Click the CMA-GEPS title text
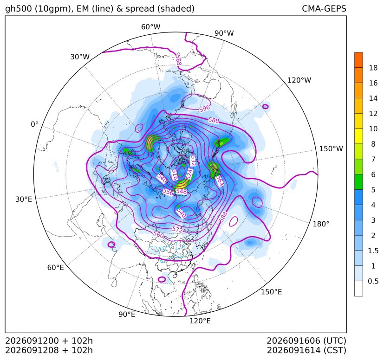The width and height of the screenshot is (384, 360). [x=324, y=8]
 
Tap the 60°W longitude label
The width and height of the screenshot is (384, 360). [x=150, y=27]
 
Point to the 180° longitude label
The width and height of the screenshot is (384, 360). [x=321, y=224]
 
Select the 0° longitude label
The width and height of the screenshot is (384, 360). [x=34, y=124]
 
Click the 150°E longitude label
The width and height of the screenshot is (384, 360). [x=271, y=292]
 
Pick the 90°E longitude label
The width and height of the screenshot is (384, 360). [x=127, y=315]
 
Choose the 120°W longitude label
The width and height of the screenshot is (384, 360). [x=299, y=80]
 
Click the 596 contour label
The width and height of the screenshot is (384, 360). [x=205, y=108]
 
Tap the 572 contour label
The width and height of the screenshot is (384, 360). [x=177, y=229]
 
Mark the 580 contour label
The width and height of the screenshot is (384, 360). [x=158, y=234]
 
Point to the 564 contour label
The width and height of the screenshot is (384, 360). [x=220, y=180]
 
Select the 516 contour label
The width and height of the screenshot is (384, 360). [x=175, y=175]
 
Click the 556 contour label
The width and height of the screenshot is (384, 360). [x=168, y=192]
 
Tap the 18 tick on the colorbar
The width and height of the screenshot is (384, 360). [x=373, y=68]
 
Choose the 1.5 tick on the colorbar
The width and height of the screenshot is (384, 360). [x=373, y=251]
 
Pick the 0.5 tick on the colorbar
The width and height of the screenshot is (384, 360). [x=373, y=281]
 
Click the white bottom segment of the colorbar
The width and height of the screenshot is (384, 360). [x=358, y=289]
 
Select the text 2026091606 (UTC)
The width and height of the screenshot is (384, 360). [x=306, y=341]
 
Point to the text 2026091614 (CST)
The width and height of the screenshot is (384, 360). [x=306, y=350]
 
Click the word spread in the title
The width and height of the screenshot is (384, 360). [x=140, y=9]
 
